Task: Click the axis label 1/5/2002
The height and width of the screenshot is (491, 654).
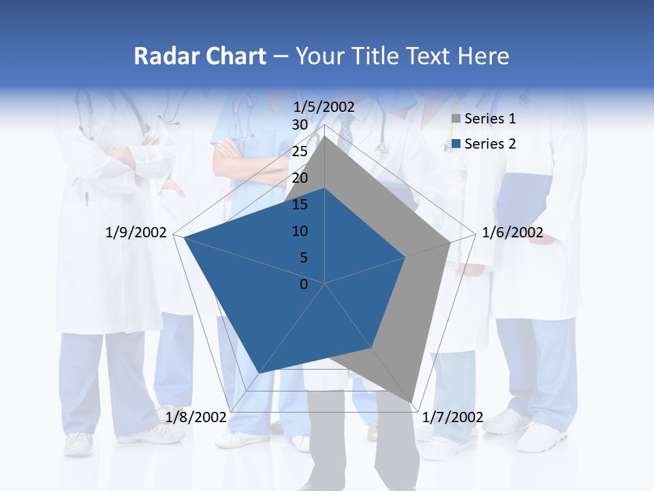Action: click(x=324, y=107)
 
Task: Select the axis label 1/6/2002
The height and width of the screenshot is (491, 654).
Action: click(x=512, y=233)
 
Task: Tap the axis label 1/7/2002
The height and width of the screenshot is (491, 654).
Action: click(x=452, y=417)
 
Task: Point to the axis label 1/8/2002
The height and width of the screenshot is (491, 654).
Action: click(x=196, y=416)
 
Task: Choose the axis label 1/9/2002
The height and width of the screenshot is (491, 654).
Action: click(x=136, y=233)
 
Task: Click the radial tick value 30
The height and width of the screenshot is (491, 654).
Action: click(x=300, y=125)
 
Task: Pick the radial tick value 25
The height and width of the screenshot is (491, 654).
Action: click(x=300, y=151)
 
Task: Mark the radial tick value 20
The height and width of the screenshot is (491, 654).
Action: click(x=300, y=178)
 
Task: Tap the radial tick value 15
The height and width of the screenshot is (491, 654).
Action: click(x=300, y=205)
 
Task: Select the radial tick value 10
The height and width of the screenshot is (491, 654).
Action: click(x=300, y=231)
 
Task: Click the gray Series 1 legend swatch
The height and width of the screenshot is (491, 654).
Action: click(x=456, y=119)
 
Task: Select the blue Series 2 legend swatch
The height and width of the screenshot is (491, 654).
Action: click(x=456, y=144)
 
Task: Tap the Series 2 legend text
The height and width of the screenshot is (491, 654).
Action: click(x=490, y=144)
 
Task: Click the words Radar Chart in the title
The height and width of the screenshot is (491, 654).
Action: click(x=200, y=56)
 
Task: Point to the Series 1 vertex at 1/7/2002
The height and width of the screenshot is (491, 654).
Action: click(x=412, y=402)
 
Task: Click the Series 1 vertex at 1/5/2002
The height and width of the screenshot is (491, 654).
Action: click(x=325, y=136)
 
